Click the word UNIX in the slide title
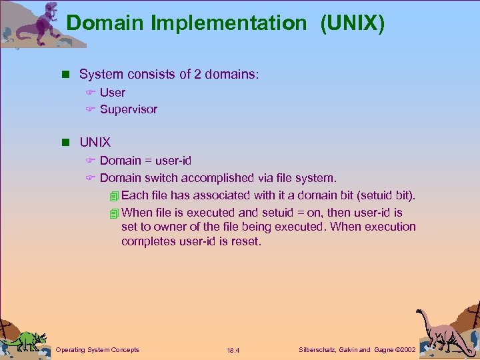[x=352, y=23]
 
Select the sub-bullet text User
[x=112, y=92]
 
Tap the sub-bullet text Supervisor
[x=128, y=109]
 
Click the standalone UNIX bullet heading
[x=95, y=143]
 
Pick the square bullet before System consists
[x=65, y=75]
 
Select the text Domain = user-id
[x=145, y=161]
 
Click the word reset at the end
[x=245, y=241]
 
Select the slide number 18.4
[x=233, y=351]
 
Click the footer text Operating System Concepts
[x=97, y=350]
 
